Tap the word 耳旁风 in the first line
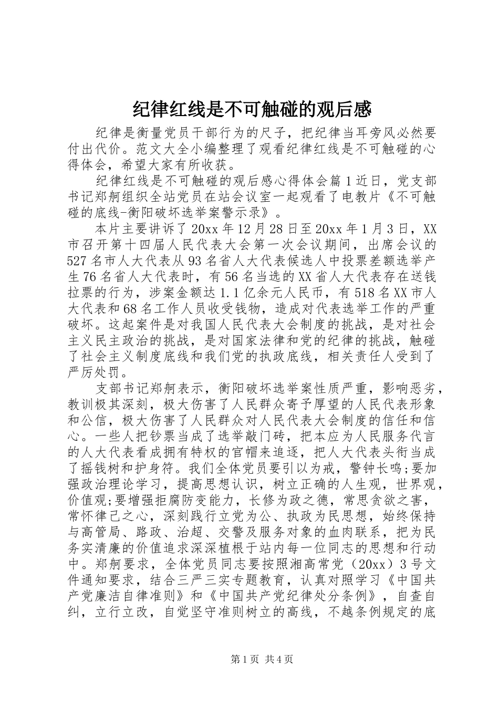[x=349, y=132]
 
